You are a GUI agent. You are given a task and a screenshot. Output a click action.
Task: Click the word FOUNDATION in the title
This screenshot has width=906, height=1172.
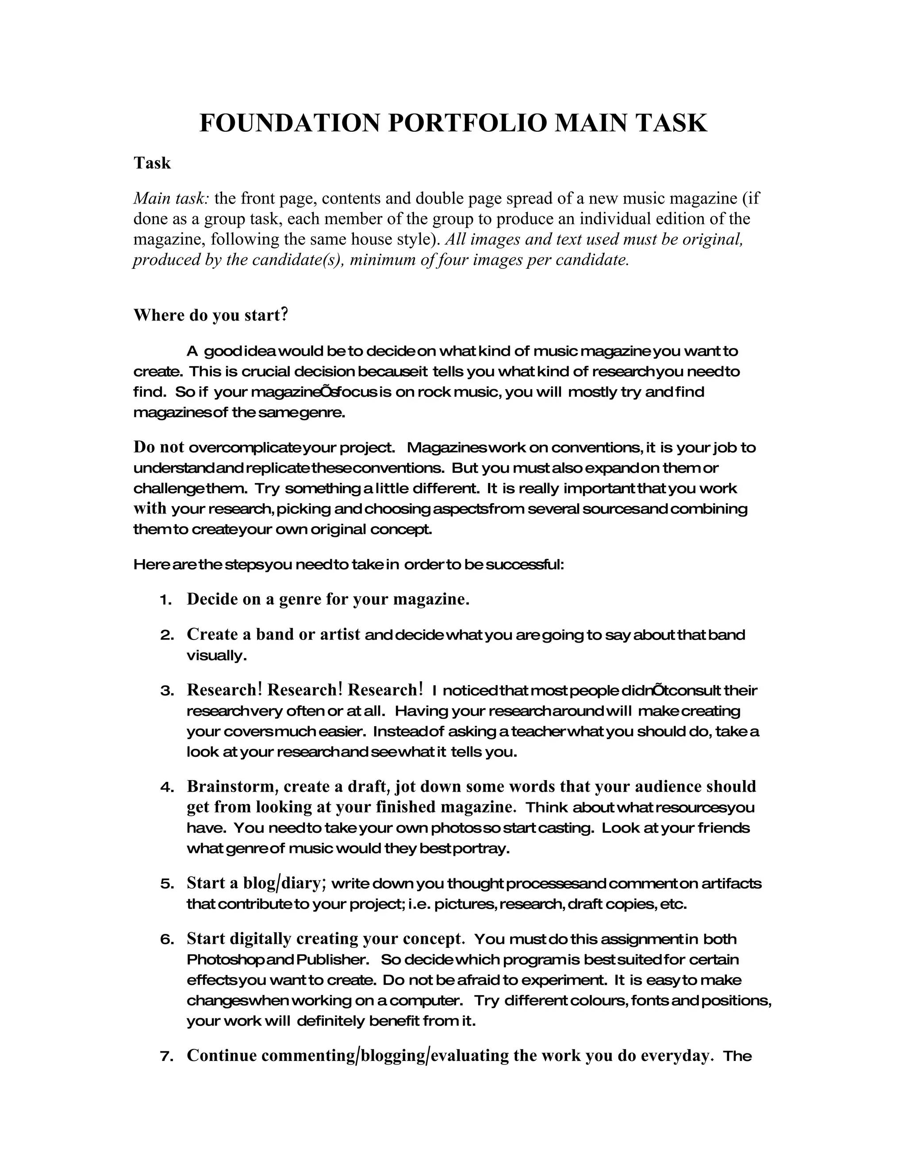pyautogui.click(x=289, y=123)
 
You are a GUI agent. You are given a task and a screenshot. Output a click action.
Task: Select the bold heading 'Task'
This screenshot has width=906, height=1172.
pyautogui.click(x=152, y=163)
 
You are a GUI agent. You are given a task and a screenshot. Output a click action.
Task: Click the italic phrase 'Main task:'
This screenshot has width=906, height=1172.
pyautogui.click(x=171, y=199)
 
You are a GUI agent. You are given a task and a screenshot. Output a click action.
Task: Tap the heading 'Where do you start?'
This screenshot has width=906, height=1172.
pyautogui.click(x=211, y=314)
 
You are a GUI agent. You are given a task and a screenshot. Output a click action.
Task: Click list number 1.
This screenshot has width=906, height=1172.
pyautogui.click(x=165, y=600)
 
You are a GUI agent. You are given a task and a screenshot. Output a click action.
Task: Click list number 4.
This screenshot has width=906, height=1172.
pyautogui.click(x=165, y=788)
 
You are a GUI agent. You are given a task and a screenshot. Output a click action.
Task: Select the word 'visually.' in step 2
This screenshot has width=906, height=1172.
pyautogui.click(x=217, y=656)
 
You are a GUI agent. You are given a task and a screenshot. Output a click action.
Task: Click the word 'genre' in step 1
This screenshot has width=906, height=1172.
pyautogui.click(x=300, y=599)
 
